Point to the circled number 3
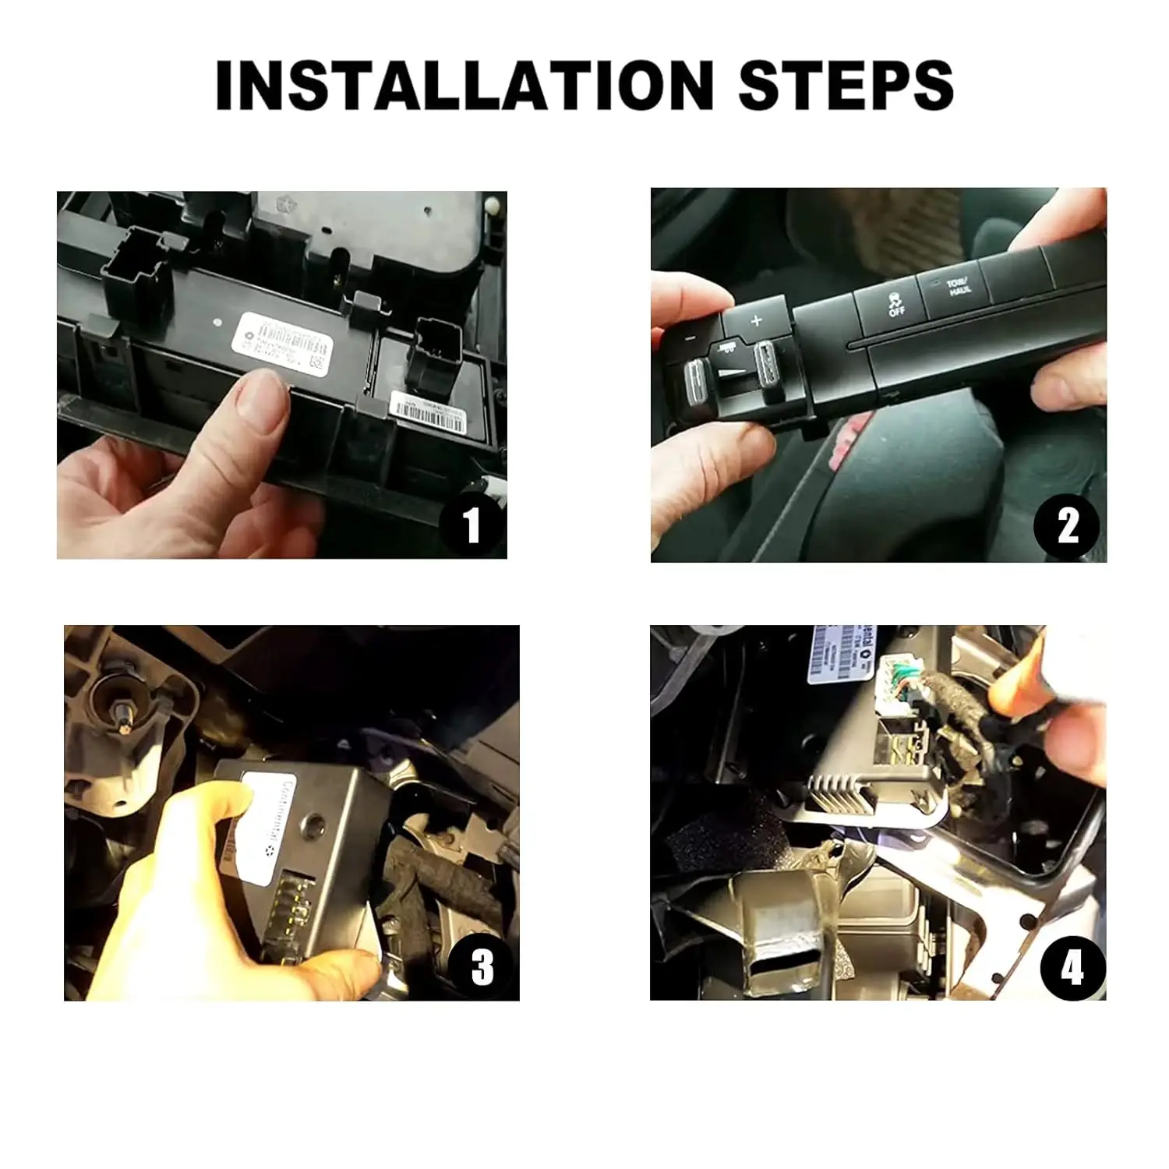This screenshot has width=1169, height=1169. (x=482, y=966)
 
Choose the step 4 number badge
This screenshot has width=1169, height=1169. (x=1072, y=969)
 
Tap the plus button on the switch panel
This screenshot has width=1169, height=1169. (x=755, y=320)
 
